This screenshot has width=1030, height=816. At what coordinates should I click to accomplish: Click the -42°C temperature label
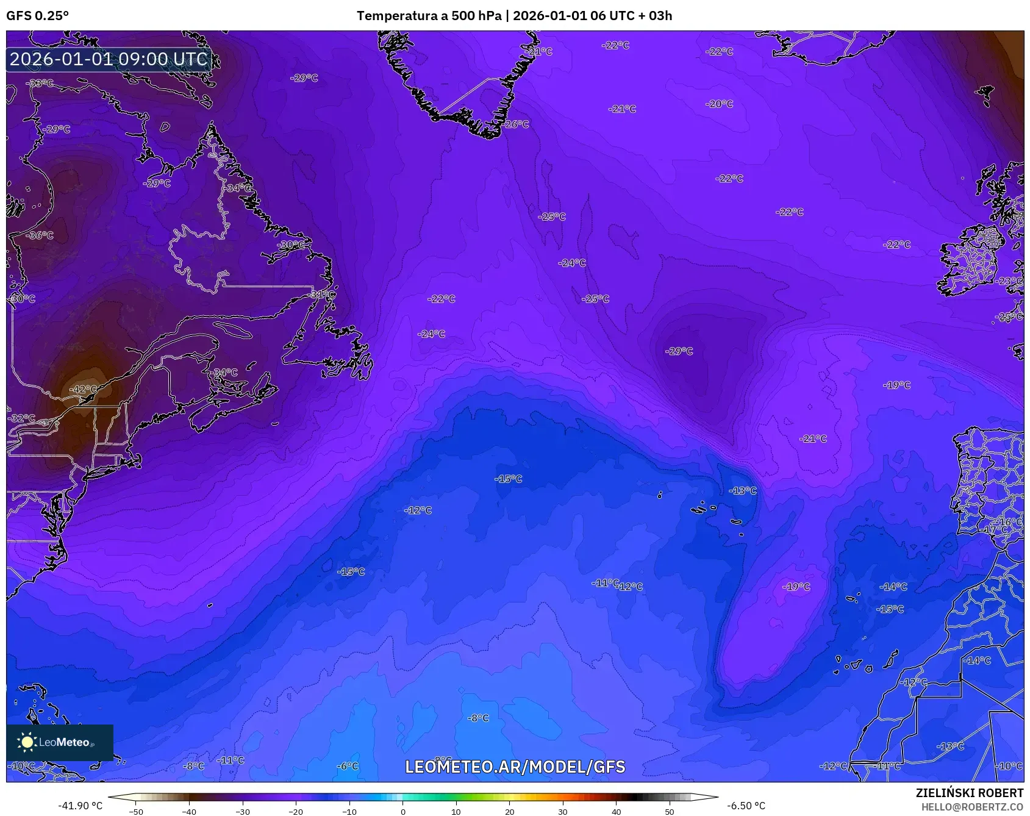point(82,389)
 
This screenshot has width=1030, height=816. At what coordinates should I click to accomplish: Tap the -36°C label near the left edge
point(41,235)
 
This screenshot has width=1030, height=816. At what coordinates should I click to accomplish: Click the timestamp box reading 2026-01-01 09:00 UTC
point(109,59)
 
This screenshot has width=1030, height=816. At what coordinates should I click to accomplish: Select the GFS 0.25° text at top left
point(37,16)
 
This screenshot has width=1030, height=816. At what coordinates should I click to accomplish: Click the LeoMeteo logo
point(60,742)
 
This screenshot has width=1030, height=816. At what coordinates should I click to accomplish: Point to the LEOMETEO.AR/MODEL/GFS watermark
point(515,767)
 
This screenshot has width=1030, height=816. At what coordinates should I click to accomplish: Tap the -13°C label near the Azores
point(743,491)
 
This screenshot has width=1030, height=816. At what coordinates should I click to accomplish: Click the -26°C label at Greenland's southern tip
point(517,124)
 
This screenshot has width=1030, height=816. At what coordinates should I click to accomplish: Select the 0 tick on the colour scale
point(402,811)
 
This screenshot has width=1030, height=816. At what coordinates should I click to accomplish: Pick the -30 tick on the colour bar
point(243,811)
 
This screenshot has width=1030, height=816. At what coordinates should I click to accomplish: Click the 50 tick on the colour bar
point(669,811)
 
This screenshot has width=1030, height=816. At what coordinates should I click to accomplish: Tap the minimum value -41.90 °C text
point(80,806)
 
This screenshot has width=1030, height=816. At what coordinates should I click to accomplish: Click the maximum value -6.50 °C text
point(746,806)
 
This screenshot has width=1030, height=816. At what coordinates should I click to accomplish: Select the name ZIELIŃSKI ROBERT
point(969,793)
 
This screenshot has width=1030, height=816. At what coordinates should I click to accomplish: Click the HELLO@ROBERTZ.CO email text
point(971,807)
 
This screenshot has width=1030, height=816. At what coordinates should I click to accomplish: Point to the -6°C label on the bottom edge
point(348,766)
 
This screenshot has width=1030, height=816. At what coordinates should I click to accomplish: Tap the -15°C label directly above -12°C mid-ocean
point(508,479)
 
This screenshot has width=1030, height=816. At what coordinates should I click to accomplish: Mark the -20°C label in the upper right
point(720,104)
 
